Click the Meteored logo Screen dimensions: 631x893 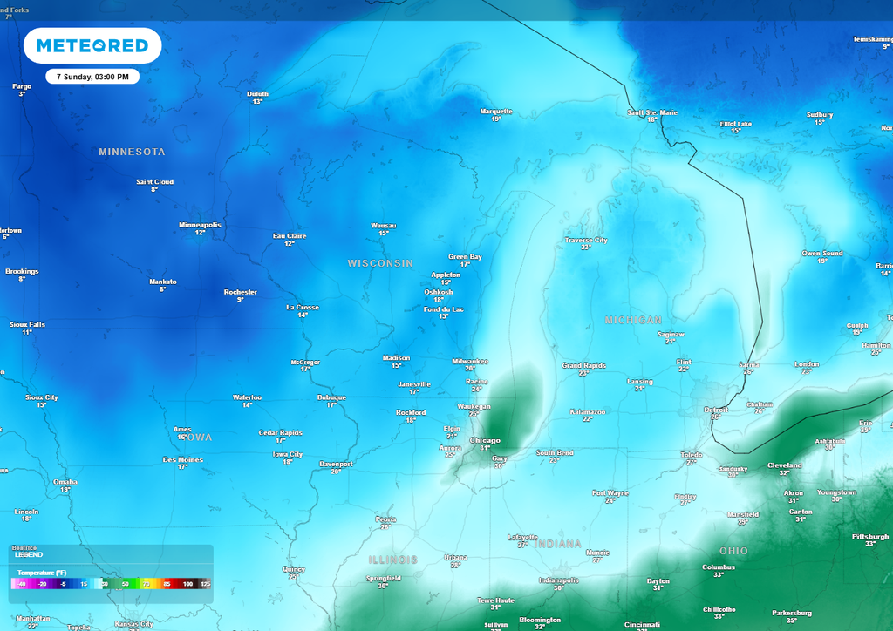(x=92, y=45)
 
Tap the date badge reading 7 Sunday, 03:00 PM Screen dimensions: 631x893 (x=92, y=77)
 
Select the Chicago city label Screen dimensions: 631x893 (x=486, y=441)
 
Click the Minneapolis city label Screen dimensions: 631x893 (x=200, y=225)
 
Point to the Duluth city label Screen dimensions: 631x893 (x=257, y=94)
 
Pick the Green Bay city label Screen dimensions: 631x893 (x=465, y=257)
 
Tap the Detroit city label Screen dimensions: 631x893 (x=716, y=410)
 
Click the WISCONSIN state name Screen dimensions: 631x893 (x=380, y=263)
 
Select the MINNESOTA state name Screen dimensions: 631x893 (x=132, y=152)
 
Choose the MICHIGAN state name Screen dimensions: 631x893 (x=633, y=321)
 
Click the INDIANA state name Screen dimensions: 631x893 (x=557, y=544)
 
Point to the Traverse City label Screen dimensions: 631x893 (x=586, y=241)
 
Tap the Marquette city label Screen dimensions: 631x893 (x=496, y=112)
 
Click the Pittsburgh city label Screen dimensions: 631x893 (x=869, y=537)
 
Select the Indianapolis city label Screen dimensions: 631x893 (x=559, y=580)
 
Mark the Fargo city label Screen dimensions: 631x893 (x=22, y=86)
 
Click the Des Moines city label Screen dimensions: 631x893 (x=182, y=460)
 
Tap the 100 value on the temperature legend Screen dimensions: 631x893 (x=187, y=584)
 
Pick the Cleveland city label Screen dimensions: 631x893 (x=784, y=465)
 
